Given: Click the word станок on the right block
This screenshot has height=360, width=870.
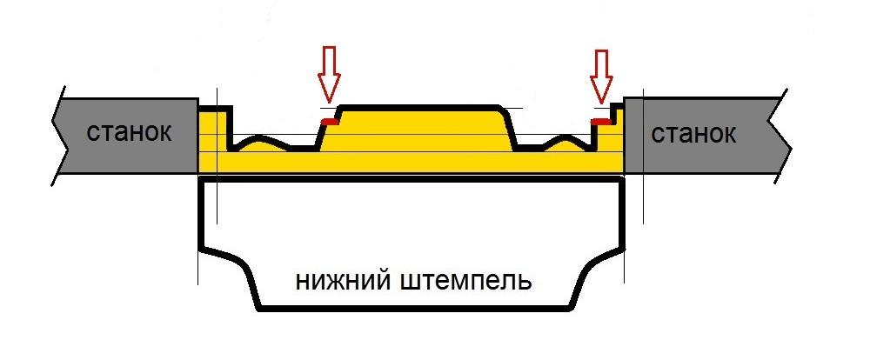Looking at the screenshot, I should tap(693, 135).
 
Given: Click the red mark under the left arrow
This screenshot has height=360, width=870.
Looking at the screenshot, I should tap(327, 121).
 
